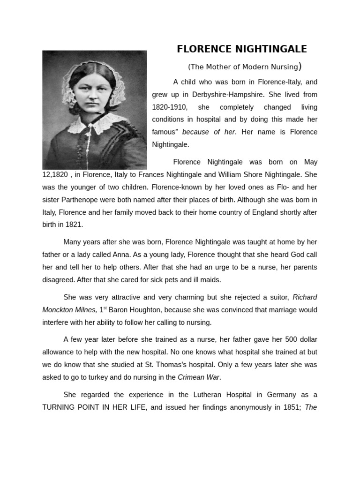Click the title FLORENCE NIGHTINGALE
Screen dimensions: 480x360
pos(242,49)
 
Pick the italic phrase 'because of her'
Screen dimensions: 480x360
pos(208,132)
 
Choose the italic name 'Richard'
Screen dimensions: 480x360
pos(305,297)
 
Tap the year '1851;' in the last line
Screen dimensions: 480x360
pos(291,407)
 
